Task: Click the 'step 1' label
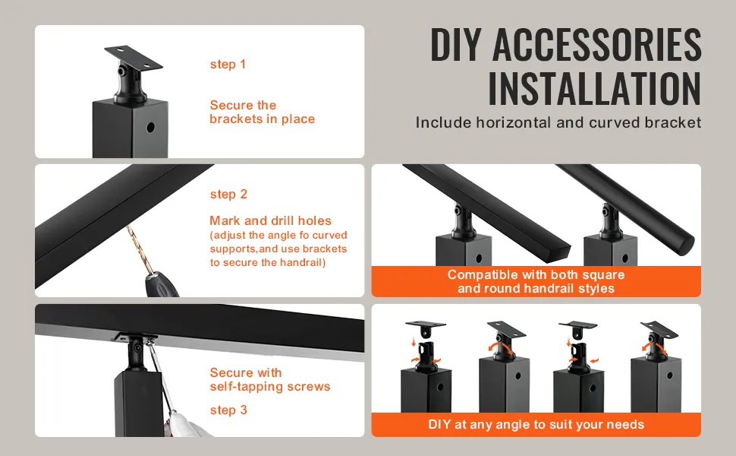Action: point(228,65)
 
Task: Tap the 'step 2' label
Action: point(228,194)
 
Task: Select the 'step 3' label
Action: point(228,410)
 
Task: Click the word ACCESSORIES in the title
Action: point(597,45)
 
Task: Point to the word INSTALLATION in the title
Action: point(595,89)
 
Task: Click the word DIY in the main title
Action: point(456,45)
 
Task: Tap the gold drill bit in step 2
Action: point(140,250)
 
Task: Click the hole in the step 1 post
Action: point(151,128)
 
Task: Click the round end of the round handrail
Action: point(687,246)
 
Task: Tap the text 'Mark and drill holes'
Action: point(270,221)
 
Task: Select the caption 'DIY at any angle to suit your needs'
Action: point(536,425)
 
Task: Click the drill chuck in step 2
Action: point(161,285)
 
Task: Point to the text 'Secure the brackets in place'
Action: point(262,112)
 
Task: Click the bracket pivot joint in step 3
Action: point(137,348)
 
